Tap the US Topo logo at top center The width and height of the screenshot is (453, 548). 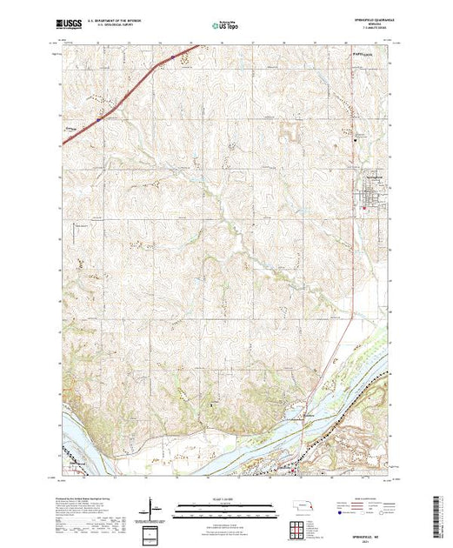(226, 25)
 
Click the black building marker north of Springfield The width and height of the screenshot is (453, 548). (355, 138)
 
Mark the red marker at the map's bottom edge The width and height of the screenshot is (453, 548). (293, 474)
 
